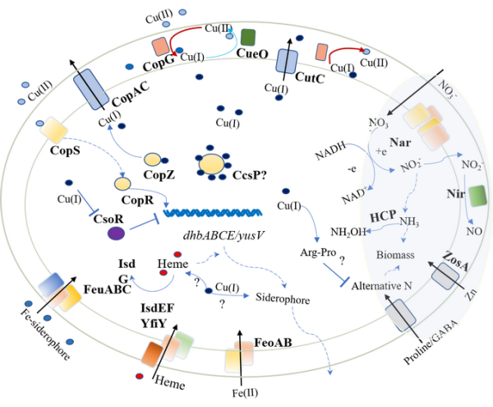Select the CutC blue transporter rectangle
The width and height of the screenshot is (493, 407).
(286, 62)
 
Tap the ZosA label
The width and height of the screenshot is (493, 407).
(454, 243)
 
